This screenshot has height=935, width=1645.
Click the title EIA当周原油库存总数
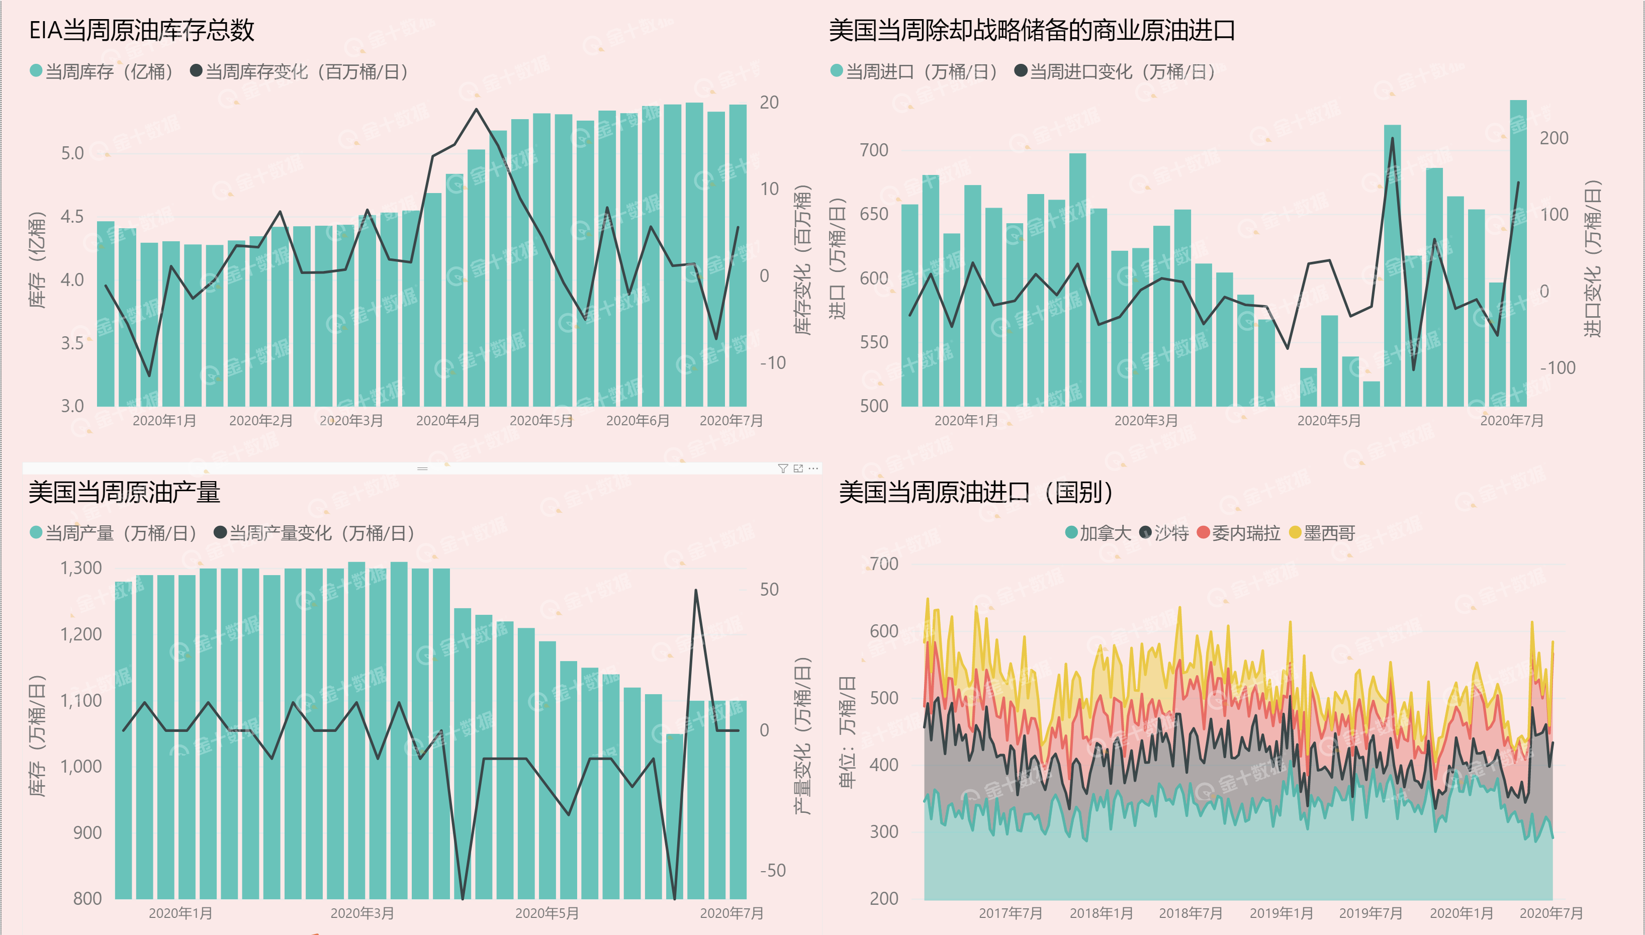pyautogui.click(x=142, y=30)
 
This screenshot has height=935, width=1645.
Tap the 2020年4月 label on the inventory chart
pyautogui.click(x=447, y=421)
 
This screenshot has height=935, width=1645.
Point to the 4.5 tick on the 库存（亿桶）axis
pyautogui.click(x=72, y=217)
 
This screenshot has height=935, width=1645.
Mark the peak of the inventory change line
pyautogui.click(x=476, y=110)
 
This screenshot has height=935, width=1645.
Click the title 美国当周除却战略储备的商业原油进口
pyautogui.click(x=1031, y=30)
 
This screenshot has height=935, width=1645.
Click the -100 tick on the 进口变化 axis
pyautogui.click(x=1557, y=368)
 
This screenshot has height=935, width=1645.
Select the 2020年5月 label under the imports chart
pyautogui.click(x=1328, y=421)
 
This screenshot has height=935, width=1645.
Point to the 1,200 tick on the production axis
pyautogui.click(x=81, y=634)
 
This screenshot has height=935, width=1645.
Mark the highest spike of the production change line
pyautogui.click(x=695, y=591)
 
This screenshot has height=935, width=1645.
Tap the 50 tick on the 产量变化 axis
pyautogui.click(x=769, y=590)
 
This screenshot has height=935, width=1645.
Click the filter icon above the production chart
pyautogui.click(x=783, y=468)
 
